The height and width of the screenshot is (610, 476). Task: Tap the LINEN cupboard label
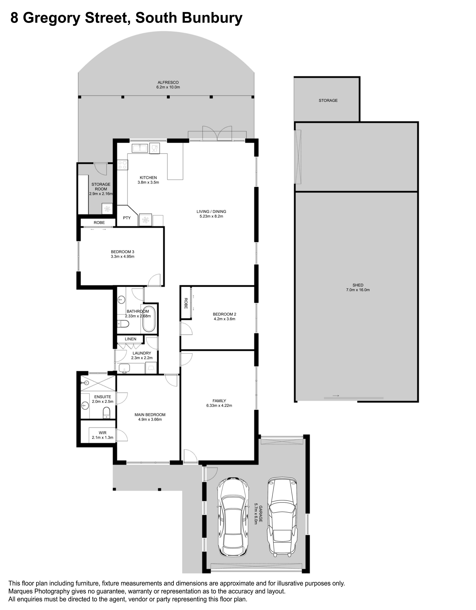tap(131, 339)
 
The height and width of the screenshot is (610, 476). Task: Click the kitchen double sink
tap(139, 148)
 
